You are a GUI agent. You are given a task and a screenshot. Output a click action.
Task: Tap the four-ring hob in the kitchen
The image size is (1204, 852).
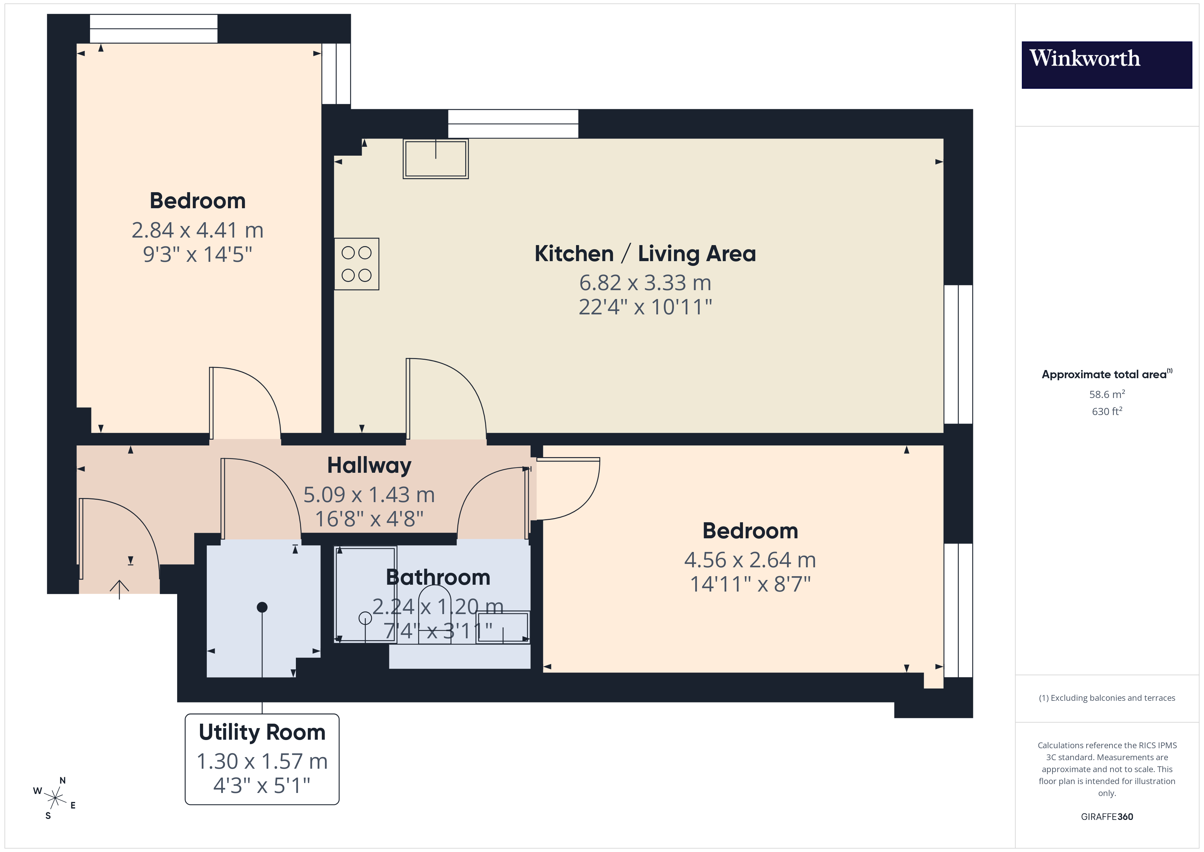pos(357,264)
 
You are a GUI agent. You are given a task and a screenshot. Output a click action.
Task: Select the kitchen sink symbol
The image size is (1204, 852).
pos(435,158)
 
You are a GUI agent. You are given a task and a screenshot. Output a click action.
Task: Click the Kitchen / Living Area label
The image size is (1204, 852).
pos(645,254)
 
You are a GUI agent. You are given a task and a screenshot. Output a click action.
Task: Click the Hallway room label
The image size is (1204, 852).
pos(369,465)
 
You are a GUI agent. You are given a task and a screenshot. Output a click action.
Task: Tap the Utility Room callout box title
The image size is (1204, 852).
pos(262,733)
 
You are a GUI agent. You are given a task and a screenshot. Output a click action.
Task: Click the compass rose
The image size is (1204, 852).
pos(55,798)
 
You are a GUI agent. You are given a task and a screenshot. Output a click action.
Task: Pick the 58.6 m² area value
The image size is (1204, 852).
pos(1106,394)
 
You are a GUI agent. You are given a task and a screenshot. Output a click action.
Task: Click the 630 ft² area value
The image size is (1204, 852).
pos(1106,411)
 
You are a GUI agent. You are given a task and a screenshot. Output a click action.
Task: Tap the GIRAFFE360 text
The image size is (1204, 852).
pos(1106,817)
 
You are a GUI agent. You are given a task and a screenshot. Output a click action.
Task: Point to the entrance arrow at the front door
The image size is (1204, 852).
pos(119,588)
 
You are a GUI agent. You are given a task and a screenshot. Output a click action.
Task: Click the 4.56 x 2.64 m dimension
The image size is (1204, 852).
pos(750,560)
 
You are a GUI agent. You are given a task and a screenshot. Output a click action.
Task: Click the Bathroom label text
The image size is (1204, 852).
pos(438,578)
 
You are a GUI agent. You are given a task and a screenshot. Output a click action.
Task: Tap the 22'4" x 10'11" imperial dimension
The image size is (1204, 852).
pos(645,307)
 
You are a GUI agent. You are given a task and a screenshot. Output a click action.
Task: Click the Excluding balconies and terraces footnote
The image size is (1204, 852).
pos(1106,698)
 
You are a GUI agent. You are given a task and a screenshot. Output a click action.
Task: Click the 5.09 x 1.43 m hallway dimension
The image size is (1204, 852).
pos(369,495)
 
